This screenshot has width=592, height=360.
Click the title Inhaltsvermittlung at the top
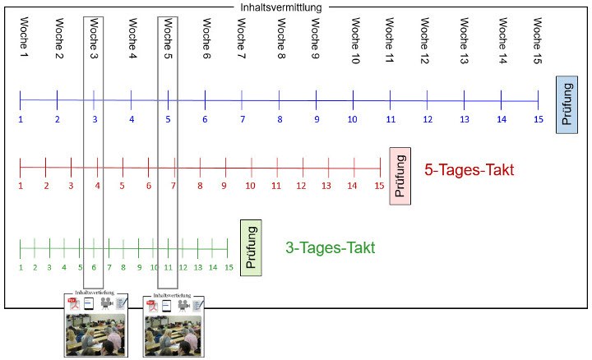280,7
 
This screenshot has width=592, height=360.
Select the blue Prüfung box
568,104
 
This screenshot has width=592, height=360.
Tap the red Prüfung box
400,177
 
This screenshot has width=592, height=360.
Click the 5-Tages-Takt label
469,171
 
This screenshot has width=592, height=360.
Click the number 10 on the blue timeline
352,119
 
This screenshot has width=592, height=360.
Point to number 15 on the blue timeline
539,119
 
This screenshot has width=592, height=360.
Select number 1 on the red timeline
21,186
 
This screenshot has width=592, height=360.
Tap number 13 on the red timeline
326,186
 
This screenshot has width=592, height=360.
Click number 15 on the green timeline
229,267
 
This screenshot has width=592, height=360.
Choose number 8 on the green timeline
123,267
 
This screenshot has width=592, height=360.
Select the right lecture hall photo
171,334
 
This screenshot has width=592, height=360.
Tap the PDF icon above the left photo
72,303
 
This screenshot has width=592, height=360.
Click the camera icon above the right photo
183,303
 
